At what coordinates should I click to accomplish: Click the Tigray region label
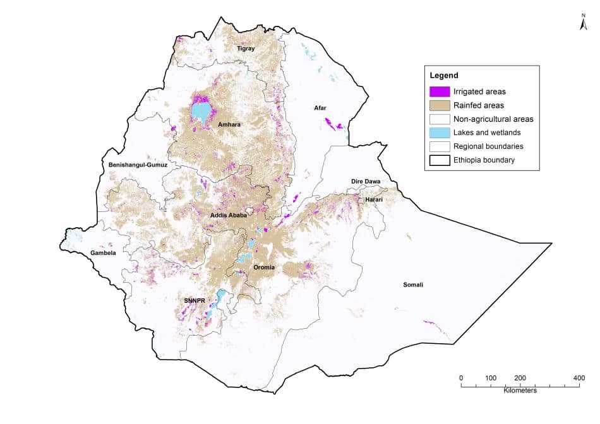click(246, 49)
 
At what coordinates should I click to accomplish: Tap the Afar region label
click(321, 108)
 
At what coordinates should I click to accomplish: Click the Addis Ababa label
click(229, 215)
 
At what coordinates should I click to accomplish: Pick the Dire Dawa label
click(366, 182)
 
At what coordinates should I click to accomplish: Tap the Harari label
click(373, 199)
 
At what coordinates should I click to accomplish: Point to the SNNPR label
click(195, 300)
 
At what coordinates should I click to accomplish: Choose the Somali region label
click(413, 285)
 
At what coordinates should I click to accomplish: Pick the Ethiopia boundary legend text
click(484, 160)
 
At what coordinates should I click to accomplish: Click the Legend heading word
click(443, 76)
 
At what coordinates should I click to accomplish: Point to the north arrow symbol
click(584, 24)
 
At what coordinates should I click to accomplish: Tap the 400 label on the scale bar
click(578, 378)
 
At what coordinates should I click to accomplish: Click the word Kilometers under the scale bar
click(520, 391)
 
